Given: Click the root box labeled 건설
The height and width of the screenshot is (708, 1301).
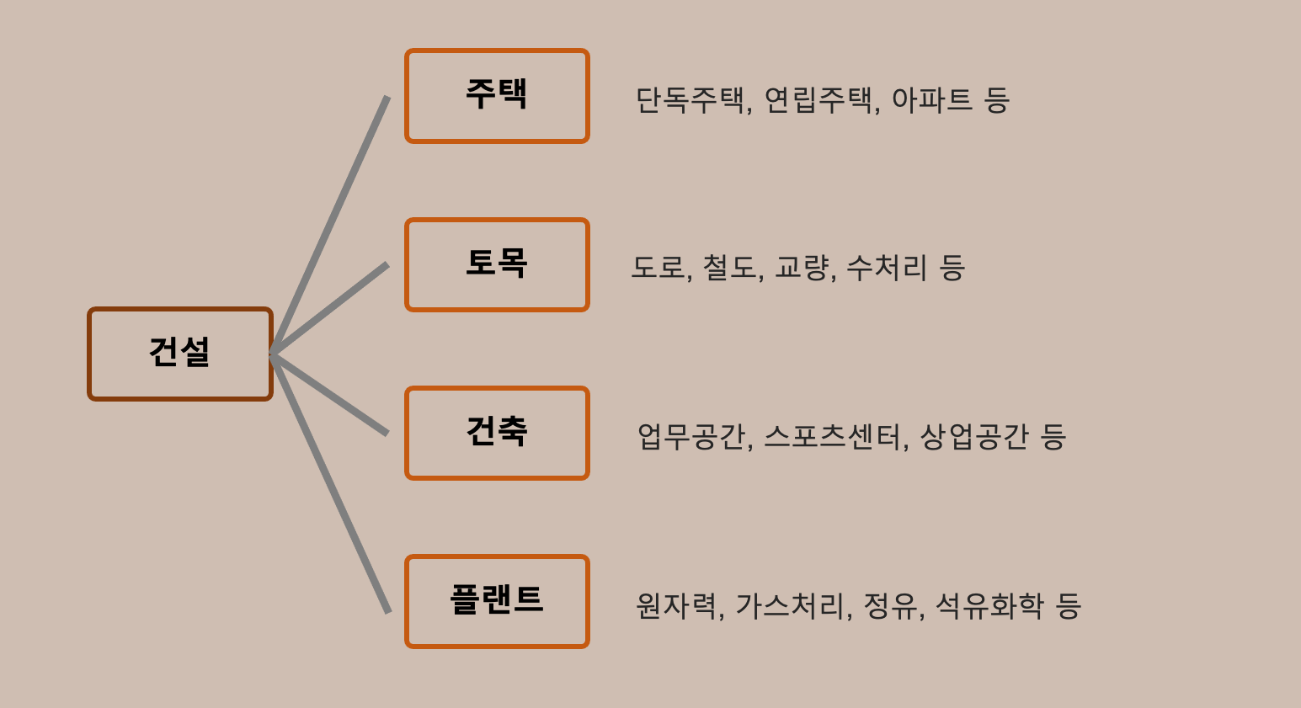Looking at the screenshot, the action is point(180,354).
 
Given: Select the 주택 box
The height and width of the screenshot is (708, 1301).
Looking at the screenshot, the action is point(497,96).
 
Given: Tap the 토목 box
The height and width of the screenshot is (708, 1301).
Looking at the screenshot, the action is point(497,264).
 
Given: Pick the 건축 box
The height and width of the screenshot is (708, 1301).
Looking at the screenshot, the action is point(497,433).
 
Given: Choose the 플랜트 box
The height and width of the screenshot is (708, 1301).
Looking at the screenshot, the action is point(497,601).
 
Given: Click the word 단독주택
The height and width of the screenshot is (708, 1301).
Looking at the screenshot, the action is point(690,100).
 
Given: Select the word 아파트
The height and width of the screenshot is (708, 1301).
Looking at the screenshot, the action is point(931,100).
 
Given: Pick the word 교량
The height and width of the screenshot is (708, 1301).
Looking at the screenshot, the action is point(802,269).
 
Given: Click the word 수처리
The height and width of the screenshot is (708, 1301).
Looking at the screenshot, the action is point(886,269).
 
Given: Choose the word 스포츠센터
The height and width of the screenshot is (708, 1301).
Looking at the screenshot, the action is point(833,437).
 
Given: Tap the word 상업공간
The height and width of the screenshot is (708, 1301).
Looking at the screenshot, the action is point(974,437).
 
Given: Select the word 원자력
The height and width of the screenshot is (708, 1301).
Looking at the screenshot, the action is point(676,605).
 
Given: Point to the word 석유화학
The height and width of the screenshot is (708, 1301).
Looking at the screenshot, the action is point(989,605).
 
